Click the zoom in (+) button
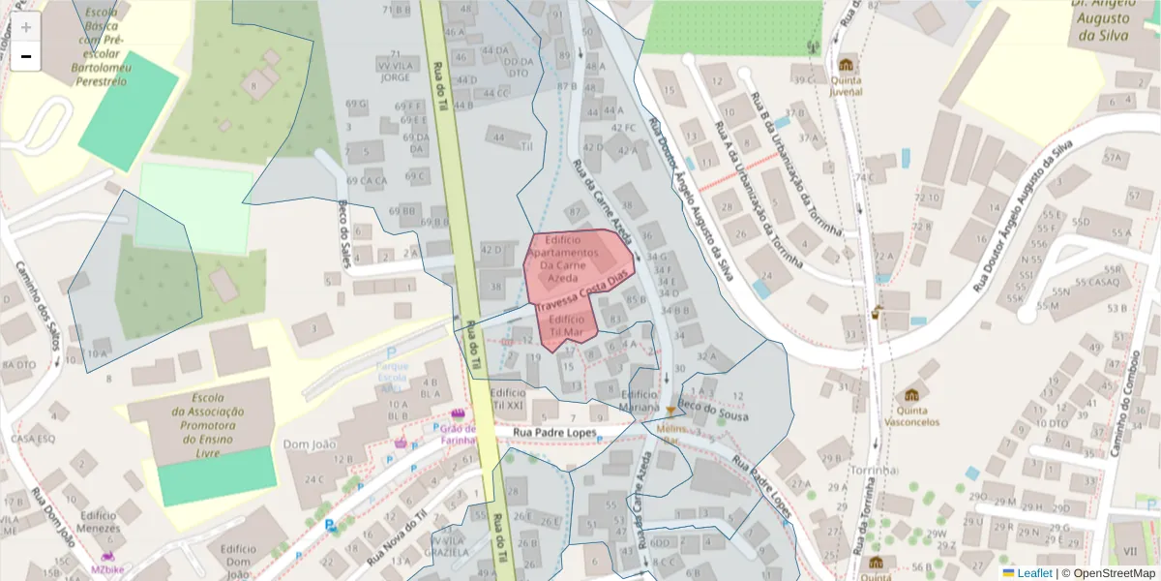tap(26, 27)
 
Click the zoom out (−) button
tap(26, 56)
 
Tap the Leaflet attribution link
tap(1034, 573)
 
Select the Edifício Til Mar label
tap(566, 325)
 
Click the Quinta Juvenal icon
tap(847, 66)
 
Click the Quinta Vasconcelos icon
tap(910, 395)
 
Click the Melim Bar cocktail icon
tap(669, 412)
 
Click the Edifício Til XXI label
tap(509, 399)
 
